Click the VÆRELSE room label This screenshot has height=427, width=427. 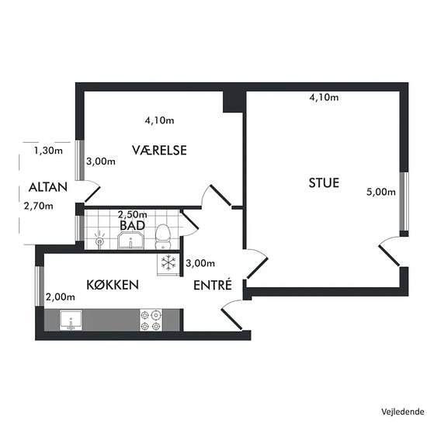point(158,151)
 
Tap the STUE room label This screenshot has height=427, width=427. point(323,184)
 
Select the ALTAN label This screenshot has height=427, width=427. point(48,187)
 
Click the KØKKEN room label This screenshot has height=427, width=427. point(113,285)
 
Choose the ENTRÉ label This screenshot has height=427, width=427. point(213,285)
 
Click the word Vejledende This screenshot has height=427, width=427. point(401,411)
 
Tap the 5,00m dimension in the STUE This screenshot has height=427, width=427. point(380,193)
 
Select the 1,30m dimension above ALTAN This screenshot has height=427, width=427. point(47,151)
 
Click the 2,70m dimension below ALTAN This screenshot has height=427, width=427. point(38,206)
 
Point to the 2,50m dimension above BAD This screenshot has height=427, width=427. point(132,214)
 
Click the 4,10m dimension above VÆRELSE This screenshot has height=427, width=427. point(159,120)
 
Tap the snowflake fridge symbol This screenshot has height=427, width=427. point(168,263)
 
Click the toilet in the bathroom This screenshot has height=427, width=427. point(162,234)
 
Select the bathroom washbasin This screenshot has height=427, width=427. point(132,238)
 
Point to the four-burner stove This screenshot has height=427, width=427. point(150,320)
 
